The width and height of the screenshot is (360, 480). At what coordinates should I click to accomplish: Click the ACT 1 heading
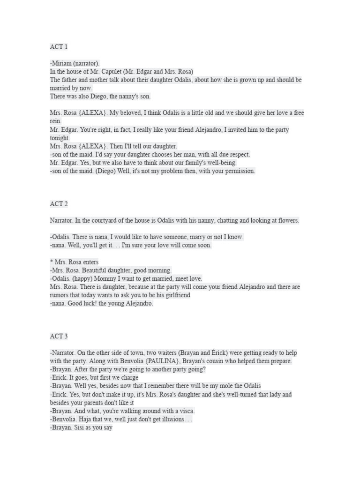pos(59,47)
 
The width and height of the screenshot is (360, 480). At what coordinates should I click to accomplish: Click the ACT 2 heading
pos(59,204)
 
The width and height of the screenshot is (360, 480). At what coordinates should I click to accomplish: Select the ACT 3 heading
pos(59,336)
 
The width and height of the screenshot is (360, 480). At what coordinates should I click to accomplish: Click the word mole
pos(222,386)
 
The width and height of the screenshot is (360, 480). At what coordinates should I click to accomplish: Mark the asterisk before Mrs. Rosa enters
pos(52,262)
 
